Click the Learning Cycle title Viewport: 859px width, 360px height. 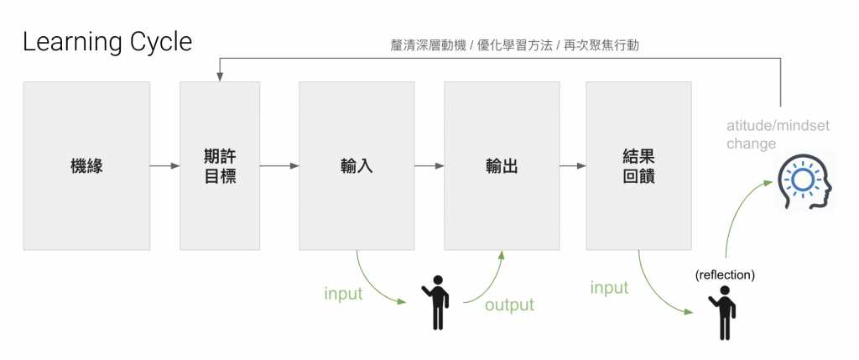(x=107, y=41)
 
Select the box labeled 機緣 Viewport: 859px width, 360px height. (x=86, y=166)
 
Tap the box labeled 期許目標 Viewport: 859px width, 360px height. (x=220, y=166)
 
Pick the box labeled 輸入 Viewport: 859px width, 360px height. (x=357, y=166)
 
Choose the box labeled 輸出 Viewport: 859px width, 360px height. (x=502, y=166)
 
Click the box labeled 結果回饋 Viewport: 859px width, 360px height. (x=638, y=166)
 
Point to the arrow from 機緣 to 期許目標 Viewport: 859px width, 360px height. (x=164, y=166)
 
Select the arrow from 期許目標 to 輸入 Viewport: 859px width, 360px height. (x=279, y=166)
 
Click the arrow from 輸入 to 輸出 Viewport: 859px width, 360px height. (x=429, y=166)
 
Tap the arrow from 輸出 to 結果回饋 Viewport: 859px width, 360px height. (x=573, y=166)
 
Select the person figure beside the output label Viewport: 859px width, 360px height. (x=436, y=301)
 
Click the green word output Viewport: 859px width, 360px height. (x=509, y=305)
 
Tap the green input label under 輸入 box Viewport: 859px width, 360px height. (x=343, y=294)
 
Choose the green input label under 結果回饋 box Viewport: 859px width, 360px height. (x=609, y=288)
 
